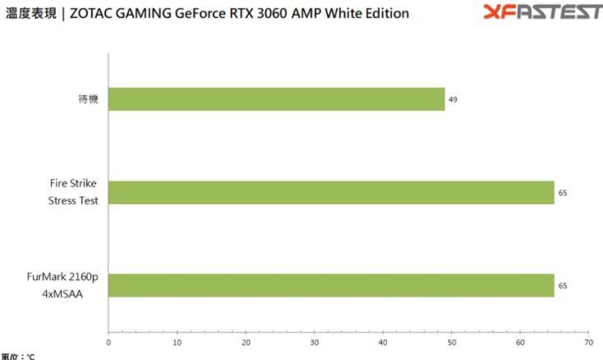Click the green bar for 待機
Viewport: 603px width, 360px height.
tap(276, 99)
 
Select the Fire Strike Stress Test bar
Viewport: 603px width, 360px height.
tap(331, 192)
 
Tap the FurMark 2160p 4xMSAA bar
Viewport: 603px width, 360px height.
tap(331, 285)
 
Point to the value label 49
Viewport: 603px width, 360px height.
tap(453, 99)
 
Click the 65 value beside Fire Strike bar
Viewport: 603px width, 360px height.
tap(562, 192)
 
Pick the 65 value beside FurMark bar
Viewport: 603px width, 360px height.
tap(562, 285)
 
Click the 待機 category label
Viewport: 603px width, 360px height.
tap(90, 99)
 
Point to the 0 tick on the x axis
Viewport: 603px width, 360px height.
tap(108, 341)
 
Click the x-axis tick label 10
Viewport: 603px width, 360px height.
tap(177, 341)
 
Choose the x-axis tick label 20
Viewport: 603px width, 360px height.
tap(246, 341)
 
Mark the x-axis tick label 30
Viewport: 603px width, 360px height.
tap(315, 341)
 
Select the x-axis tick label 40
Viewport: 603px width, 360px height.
tap(383, 341)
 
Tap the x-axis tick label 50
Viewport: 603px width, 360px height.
tap(451, 341)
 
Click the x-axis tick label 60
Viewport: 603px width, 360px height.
tap(519, 341)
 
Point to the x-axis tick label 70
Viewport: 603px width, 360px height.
tap(587, 341)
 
